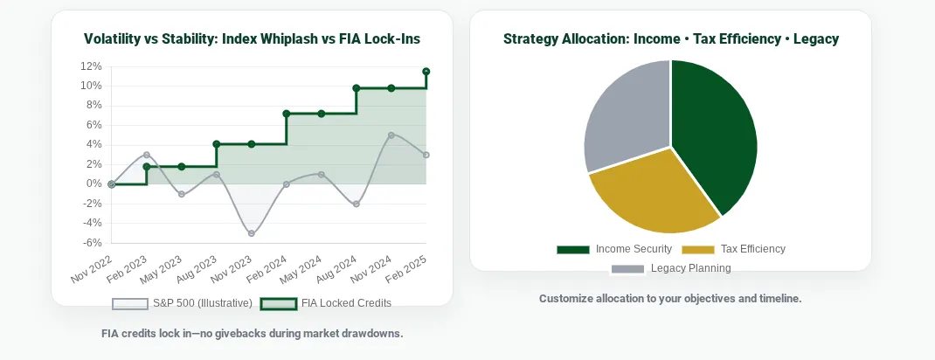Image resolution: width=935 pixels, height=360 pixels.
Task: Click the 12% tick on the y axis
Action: pos(91,66)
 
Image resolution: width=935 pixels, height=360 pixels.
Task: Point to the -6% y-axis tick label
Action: pos(92,243)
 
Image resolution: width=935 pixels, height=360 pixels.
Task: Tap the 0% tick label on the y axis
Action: pos(94,183)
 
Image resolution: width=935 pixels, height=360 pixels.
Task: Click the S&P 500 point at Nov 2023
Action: pos(252,233)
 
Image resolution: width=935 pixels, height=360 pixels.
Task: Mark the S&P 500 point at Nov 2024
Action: pos(391,135)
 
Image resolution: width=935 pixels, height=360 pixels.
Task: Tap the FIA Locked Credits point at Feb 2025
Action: pos(426,72)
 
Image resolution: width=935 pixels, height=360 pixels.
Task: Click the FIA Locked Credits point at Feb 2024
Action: pos(287,114)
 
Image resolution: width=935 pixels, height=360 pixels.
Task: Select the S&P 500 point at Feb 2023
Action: pos(147,155)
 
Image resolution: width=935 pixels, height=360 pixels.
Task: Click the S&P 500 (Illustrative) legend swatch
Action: pos(130,303)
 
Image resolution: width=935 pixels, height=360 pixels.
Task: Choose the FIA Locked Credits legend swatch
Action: pos(279,303)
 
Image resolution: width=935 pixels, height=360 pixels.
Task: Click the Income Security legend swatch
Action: pos(573,249)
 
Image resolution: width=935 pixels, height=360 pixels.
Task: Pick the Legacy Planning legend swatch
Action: pos(627,268)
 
